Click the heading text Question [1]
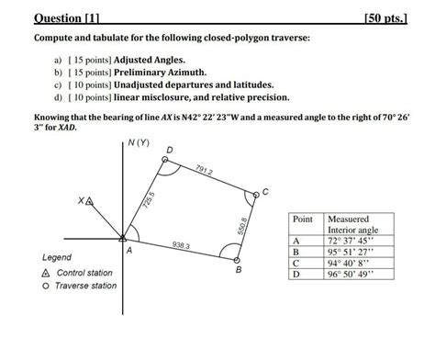(67, 17)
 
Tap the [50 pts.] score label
(385, 17)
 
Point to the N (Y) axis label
(139, 143)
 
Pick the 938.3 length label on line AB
(181, 245)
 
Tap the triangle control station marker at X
(89, 200)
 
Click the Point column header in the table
(302, 220)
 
